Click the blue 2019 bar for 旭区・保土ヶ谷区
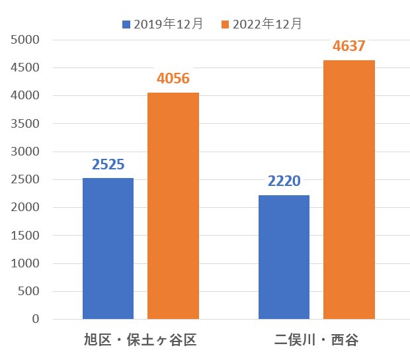pyautogui.click(x=108, y=249)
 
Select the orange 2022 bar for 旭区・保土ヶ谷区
pyautogui.click(x=173, y=206)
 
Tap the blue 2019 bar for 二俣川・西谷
pyautogui.click(x=284, y=257)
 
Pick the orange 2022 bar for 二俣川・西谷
pyautogui.click(x=349, y=190)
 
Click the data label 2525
pyautogui.click(x=108, y=165)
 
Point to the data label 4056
pyautogui.click(x=173, y=79)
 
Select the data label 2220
pyautogui.click(x=284, y=181)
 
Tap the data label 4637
pyautogui.click(x=348, y=46)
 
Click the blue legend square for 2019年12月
pyautogui.click(x=126, y=24)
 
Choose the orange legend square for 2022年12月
pyautogui.click(x=225, y=24)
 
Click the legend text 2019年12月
pyautogui.click(x=169, y=24)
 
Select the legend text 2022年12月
pyautogui.click(x=267, y=24)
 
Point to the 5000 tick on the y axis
pyautogui.click(x=25, y=40)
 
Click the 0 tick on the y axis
pyautogui.click(x=36, y=319)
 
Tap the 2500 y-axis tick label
pyautogui.click(x=25, y=179)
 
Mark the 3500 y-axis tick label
pyautogui.click(x=25, y=124)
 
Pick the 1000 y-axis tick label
pyautogui.click(x=25, y=263)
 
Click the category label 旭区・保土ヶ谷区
pyautogui.click(x=140, y=340)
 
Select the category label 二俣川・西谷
pyautogui.click(x=316, y=340)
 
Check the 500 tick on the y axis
pyautogui.click(x=28, y=291)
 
